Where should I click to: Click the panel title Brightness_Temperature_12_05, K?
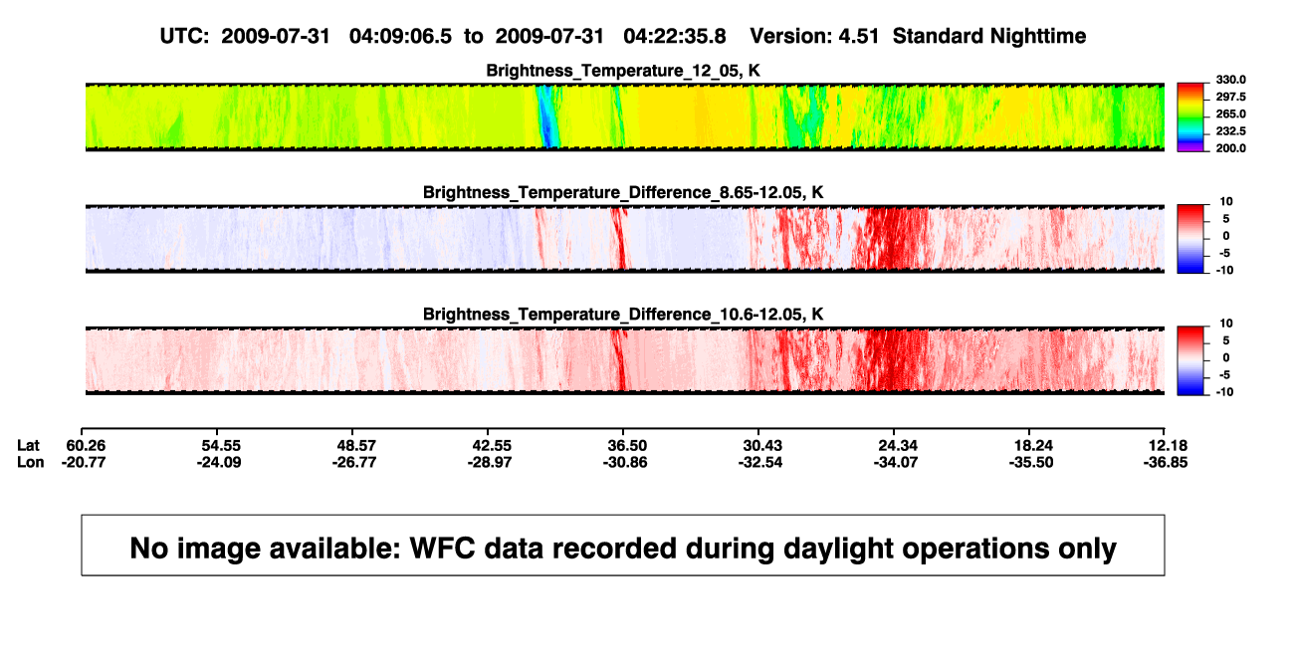point(623,71)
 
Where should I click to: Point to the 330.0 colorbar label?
point(1230,80)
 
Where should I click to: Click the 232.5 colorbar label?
point(1230,131)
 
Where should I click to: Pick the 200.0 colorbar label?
point(1230,148)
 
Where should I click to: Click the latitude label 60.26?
point(86,446)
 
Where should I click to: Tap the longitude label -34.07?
point(896,462)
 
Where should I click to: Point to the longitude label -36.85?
point(1166,462)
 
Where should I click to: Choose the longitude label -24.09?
point(219,462)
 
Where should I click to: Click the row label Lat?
point(28,446)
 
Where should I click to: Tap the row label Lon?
point(31,462)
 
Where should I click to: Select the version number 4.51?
point(858,37)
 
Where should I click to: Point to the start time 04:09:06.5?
point(400,37)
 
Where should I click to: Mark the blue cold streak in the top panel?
point(546,116)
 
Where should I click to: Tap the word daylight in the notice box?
point(836,549)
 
